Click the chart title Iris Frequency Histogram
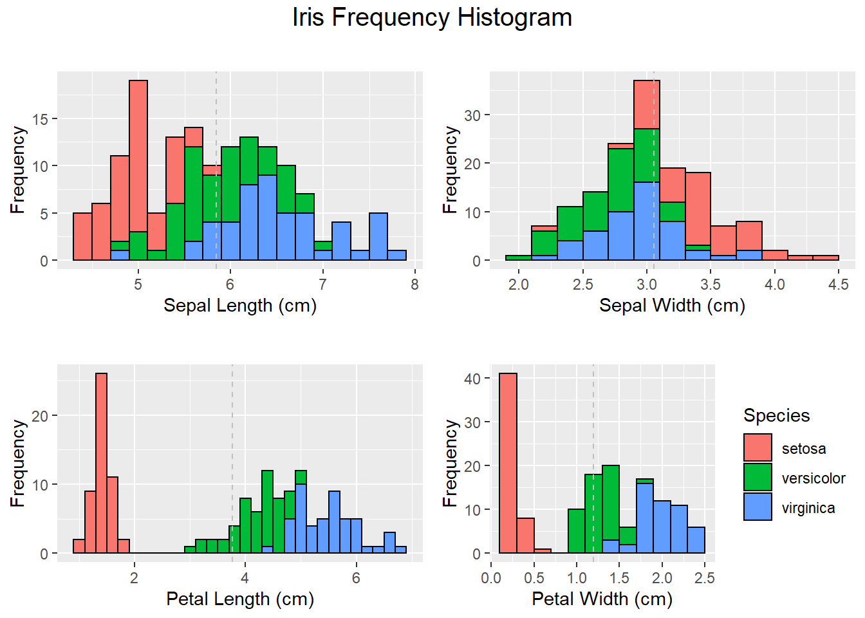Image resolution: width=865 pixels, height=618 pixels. point(432,17)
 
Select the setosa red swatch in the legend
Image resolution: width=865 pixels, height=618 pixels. point(758,448)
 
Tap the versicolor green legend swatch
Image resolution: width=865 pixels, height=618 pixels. point(758,478)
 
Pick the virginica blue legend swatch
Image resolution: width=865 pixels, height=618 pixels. point(758,507)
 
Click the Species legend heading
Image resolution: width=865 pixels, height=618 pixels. point(776,415)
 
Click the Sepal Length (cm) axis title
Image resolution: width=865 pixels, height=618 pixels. point(240,305)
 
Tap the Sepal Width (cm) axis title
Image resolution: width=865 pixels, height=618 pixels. point(672,305)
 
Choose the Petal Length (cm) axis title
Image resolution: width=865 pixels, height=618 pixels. point(240,599)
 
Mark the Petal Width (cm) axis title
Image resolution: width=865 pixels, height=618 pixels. point(602,599)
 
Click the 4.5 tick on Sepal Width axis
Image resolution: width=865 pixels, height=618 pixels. point(839,285)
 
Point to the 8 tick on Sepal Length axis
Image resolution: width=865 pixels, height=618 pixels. point(414,285)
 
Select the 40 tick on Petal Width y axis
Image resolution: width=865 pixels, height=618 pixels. point(472,379)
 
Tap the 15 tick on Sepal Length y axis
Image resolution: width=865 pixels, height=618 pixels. point(40,119)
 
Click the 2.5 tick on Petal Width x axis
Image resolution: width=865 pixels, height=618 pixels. point(705,578)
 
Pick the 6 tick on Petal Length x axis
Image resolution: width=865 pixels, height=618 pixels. point(356,578)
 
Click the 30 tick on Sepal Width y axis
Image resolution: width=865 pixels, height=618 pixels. point(472,115)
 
